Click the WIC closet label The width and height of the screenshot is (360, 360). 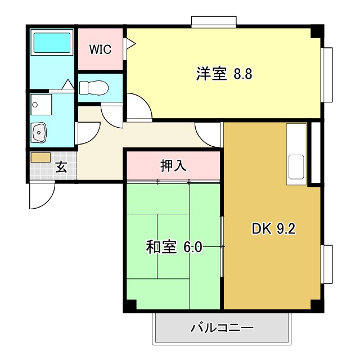[x=101, y=49]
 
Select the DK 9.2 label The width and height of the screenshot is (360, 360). [x=273, y=229]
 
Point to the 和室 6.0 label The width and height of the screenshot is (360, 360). [x=174, y=247]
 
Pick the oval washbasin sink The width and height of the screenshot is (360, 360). [x=39, y=133]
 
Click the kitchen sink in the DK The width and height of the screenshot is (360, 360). [x=296, y=167]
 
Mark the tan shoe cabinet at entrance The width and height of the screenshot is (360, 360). [x=40, y=157]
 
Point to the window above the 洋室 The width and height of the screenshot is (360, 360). [x=214, y=21]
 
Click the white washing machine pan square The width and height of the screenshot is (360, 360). [x=41, y=104]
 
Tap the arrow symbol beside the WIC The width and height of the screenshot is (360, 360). [x=129, y=43]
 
